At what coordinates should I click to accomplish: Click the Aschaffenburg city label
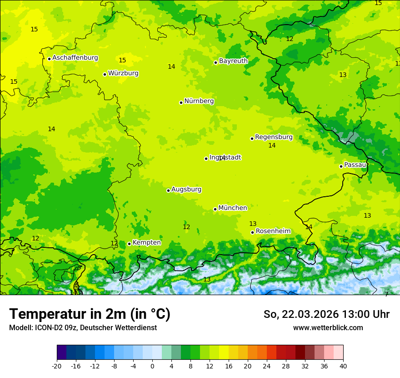click(x=75, y=58)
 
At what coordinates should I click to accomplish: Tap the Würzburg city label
click(x=123, y=73)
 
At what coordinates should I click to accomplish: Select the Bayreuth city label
click(x=233, y=61)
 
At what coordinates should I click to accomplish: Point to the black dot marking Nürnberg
click(x=181, y=102)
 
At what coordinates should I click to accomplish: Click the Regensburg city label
click(x=274, y=137)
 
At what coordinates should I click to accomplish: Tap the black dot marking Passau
click(x=341, y=166)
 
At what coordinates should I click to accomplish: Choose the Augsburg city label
click(x=186, y=189)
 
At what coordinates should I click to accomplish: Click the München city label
click(x=233, y=208)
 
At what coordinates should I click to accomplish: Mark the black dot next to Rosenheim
click(x=252, y=232)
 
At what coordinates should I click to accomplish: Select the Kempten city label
click(x=146, y=243)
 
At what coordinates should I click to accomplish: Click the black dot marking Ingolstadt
click(x=206, y=158)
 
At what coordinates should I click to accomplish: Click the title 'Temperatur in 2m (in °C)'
click(x=90, y=314)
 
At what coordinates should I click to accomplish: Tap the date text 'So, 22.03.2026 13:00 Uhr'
click(x=326, y=314)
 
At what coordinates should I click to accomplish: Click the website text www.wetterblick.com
click(x=328, y=328)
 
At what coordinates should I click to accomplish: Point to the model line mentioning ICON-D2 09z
click(x=83, y=328)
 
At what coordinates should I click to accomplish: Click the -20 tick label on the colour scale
click(x=57, y=366)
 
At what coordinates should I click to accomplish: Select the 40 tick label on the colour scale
click(x=343, y=366)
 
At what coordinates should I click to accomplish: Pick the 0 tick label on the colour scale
click(x=152, y=366)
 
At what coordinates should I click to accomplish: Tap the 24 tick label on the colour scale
click(x=266, y=366)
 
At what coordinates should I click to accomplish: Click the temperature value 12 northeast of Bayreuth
click(x=290, y=39)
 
